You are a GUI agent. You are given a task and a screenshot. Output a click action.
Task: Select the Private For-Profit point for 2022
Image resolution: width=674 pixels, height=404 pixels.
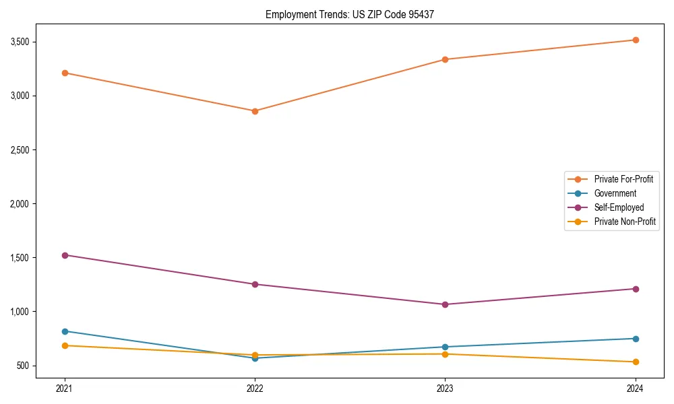click(255, 111)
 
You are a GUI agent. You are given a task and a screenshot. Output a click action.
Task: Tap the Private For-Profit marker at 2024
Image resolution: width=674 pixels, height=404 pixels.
click(635, 40)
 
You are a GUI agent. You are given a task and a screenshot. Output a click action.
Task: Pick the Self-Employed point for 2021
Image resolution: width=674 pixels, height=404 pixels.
click(65, 255)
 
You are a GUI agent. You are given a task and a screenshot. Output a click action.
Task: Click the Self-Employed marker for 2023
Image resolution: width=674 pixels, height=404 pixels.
click(445, 304)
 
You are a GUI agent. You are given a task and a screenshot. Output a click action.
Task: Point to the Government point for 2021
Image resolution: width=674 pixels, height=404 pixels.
click(65, 331)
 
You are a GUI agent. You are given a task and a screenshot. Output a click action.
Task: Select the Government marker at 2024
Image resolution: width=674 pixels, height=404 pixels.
click(635, 339)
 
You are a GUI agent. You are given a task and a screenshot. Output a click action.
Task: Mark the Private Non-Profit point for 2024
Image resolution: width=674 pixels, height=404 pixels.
click(635, 362)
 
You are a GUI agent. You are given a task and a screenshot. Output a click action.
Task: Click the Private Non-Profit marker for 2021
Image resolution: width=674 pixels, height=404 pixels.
click(65, 345)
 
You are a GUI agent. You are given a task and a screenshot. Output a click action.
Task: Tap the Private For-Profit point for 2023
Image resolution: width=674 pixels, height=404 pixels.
click(445, 59)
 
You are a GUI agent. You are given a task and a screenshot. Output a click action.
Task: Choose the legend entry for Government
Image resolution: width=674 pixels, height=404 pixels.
click(615, 193)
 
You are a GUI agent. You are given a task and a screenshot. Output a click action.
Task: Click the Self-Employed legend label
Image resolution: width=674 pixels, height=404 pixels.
click(619, 207)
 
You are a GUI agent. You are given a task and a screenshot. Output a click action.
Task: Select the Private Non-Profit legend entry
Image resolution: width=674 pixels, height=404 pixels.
click(625, 222)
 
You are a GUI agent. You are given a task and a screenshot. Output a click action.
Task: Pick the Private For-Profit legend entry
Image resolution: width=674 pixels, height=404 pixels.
click(623, 179)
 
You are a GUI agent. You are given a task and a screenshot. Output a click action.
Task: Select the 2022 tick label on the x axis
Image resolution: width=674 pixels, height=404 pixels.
click(255, 388)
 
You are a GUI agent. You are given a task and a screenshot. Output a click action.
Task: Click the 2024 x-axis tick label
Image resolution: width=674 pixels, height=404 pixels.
click(635, 388)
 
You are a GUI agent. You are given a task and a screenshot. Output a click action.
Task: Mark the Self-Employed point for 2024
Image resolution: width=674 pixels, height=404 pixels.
click(635, 289)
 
